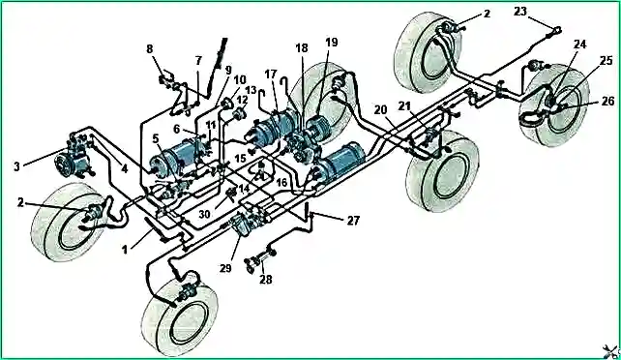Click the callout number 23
[x=520, y=12]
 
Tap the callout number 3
[x=16, y=166]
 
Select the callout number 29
[x=225, y=268]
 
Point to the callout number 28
[x=266, y=280]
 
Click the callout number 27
[x=353, y=221]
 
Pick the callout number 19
[x=332, y=42]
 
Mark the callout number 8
[x=149, y=49]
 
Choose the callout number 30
[x=204, y=214]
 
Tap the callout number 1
[x=125, y=250]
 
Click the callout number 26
[x=607, y=102]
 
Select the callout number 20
[x=380, y=109]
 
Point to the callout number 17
[x=271, y=75]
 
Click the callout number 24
[x=579, y=44]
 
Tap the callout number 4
[x=125, y=169]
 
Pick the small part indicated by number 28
[x=259, y=258]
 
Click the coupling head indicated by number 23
[x=555, y=31]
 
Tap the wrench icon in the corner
[x=610, y=351]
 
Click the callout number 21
[x=404, y=106]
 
